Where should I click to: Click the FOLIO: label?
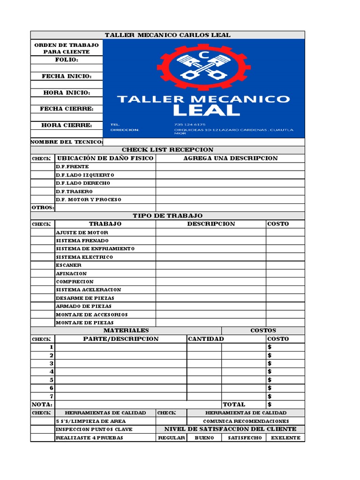click(67, 60)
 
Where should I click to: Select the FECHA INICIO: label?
click(67, 76)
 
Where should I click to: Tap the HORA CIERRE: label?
click(67, 125)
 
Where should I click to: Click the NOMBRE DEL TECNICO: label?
click(67, 142)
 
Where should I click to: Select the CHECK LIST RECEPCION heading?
click(167, 150)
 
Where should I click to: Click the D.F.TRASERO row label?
click(75, 191)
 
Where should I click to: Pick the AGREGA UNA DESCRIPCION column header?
click(230, 158)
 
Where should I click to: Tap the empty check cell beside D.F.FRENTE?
click(43, 166)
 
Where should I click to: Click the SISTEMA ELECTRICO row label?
click(84, 257)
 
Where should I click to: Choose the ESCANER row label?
click(68, 265)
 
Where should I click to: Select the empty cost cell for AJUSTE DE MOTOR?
click(285, 232)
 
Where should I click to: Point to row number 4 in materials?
click(52, 372)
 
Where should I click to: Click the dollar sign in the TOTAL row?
click(270, 405)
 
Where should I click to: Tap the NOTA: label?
click(42, 405)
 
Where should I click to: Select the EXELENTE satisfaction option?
click(285, 438)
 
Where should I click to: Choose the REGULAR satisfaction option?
click(171, 438)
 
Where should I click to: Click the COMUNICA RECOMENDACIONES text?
click(246, 421)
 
